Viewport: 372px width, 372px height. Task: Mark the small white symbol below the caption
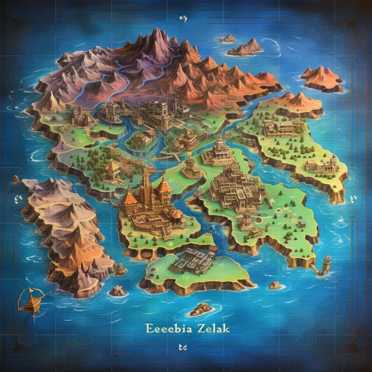[182, 347]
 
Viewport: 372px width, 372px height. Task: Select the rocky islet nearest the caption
[201, 308]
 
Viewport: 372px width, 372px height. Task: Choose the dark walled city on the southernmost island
[192, 260]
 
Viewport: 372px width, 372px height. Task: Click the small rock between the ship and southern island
[118, 291]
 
